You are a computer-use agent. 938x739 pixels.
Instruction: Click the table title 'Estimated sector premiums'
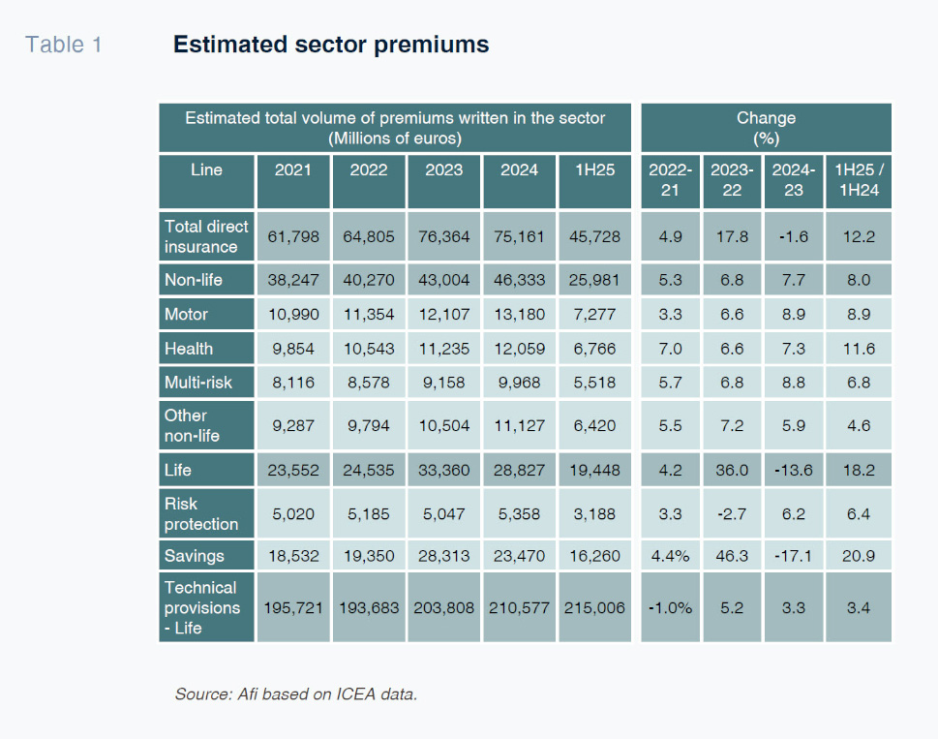coord(330,45)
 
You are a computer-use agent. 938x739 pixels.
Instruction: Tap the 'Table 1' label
coord(63,45)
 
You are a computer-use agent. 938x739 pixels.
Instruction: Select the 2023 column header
coord(443,169)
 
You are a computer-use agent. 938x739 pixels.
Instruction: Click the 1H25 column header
coord(594,169)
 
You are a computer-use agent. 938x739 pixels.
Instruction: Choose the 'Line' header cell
coord(206,169)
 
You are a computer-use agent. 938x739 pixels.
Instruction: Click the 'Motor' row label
coord(186,314)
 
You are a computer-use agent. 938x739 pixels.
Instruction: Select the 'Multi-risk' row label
coord(198,383)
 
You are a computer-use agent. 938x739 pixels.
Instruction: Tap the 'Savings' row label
coord(194,556)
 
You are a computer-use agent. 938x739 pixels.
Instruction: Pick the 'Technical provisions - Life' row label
coord(202,607)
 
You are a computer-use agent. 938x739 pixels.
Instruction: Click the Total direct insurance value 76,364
coord(443,236)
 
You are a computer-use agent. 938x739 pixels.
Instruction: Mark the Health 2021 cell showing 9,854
coord(293,349)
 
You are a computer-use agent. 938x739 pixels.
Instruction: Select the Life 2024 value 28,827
coord(519,470)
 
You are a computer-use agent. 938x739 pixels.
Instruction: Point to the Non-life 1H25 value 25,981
coord(594,280)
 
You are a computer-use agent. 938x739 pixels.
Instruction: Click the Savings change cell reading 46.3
coord(732,556)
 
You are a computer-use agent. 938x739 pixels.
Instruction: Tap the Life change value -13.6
coord(794,470)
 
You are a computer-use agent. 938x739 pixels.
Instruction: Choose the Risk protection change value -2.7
coord(732,513)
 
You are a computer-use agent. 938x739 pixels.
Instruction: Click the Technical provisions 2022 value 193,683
coord(369,607)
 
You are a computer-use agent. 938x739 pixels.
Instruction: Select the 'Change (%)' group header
coord(766,127)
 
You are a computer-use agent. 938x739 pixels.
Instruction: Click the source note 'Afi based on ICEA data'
coord(295,694)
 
